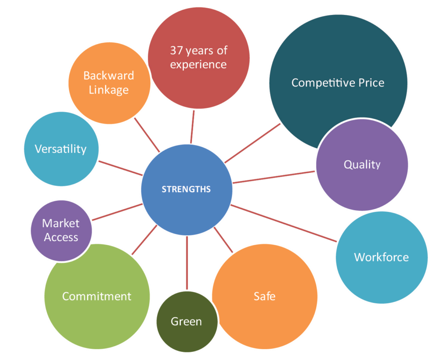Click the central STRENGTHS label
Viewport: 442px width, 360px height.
pos(186,189)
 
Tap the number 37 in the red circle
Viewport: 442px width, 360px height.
pos(176,50)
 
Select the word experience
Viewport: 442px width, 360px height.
pos(198,65)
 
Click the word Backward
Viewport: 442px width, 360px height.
pos(109,76)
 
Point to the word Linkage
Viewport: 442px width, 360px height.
pos(109,90)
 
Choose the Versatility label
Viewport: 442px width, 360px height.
pos(61,149)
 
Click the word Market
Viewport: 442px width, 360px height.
pos(61,223)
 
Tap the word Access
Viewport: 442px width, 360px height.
pos(61,237)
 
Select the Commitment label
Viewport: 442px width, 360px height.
pos(97,296)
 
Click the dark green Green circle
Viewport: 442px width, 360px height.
pos(187,322)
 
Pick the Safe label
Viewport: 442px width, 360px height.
pos(264,296)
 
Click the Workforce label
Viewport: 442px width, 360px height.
pos(381,257)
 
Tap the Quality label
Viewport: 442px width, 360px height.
pos(362,165)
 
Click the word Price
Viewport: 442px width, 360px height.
pos(371,83)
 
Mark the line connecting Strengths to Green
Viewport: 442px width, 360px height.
pos(187,263)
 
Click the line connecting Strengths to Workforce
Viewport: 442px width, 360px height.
pos(284,223)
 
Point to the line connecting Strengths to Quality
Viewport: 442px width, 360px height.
pos(274,177)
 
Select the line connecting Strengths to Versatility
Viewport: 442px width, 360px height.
pos(121,168)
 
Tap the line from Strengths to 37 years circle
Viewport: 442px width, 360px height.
pos(192,127)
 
